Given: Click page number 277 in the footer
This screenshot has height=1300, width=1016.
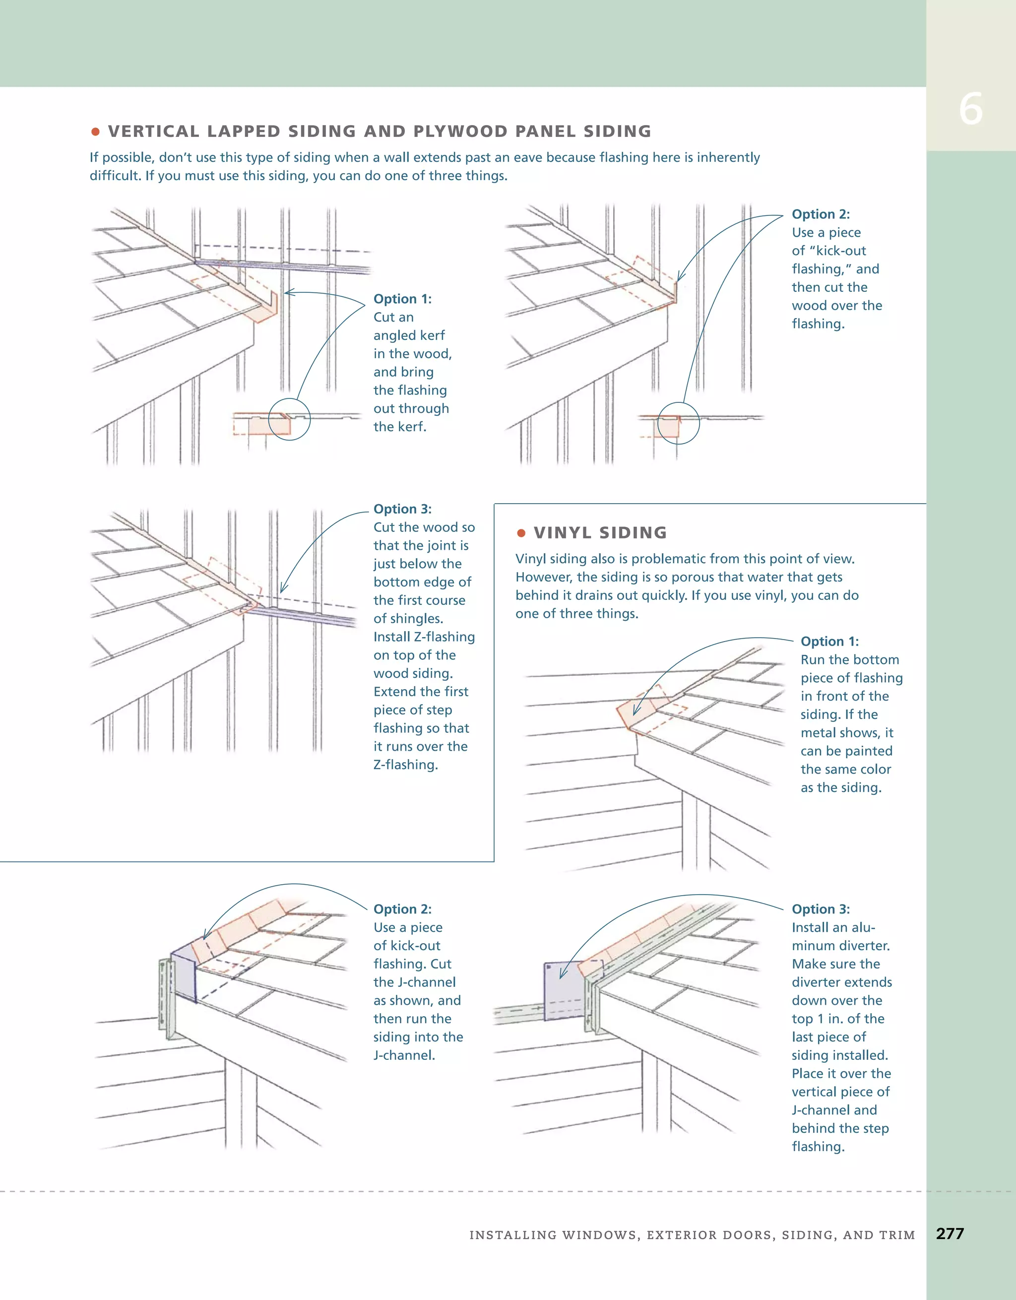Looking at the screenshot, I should click(950, 1234).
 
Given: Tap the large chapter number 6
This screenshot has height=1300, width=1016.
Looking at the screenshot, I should click(970, 110).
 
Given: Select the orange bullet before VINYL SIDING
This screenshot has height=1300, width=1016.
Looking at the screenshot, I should click(521, 533).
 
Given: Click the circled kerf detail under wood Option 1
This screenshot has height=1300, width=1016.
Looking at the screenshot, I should click(289, 419).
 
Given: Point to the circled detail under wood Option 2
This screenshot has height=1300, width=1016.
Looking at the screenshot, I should click(679, 423).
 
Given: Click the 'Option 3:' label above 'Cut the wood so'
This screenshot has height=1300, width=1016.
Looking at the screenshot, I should click(402, 509).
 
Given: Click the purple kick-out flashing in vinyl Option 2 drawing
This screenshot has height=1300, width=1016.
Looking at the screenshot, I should click(185, 974).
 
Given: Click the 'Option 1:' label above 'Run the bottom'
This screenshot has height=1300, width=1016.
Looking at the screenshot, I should click(829, 641).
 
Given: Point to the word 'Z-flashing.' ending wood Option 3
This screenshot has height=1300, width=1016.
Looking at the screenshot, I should click(405, 765).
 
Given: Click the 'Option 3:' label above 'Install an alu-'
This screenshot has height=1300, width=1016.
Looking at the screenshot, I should click(820, 909).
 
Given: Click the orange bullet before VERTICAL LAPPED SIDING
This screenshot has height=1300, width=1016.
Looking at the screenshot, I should click(95, 131).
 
